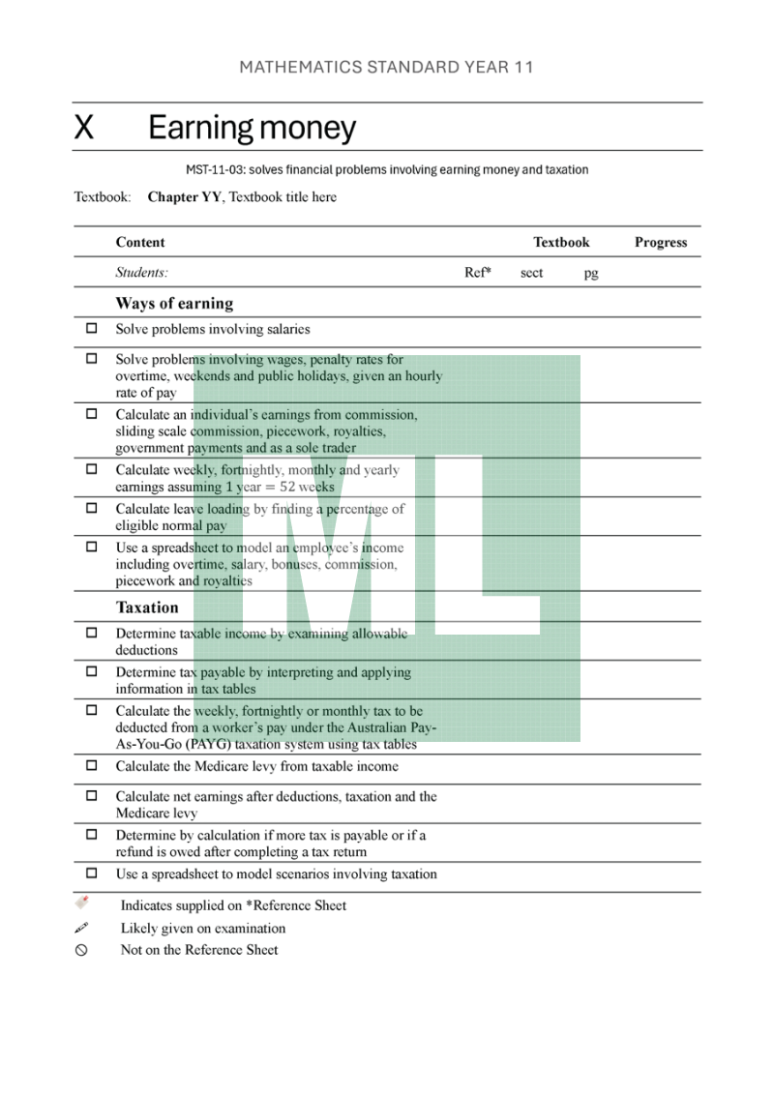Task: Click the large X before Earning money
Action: click(x=84, y=128)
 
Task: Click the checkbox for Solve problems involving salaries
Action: click(x=92, y=328)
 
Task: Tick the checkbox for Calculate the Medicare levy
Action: click(x=92, y=765)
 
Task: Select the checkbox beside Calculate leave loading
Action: click(x=92, y=508)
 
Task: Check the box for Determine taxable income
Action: click(x=92, y=633)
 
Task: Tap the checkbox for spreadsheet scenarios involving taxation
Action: click(x=92, y=873)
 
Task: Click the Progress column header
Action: click(x=661, y=242)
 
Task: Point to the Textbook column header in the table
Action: click(x=561, y=242)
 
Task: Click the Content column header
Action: click(x=140, y=242)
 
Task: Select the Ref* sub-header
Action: click(x=477, y=273)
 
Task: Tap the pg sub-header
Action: click(x=591, y=273)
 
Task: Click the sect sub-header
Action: click(x=531, y=273)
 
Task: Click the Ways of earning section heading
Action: click(x=174, y=303)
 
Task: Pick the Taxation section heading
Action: click(x=147, y=607)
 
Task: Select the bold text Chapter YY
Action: click(x=184, y=197)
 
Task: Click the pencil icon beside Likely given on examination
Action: click(x=82, y=927)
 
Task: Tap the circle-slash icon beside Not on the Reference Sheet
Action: click(x=81, y=950)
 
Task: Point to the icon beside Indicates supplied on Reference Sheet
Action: click(x=82, y=903)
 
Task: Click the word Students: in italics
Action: click(x=141, y=273)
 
